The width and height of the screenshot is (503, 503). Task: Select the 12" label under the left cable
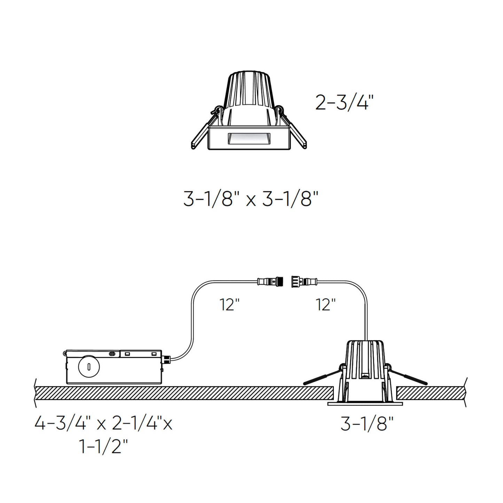(229, 305)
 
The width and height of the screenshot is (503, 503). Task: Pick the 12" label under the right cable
(325, 305)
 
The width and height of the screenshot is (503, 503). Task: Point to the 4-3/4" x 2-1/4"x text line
(103, 424)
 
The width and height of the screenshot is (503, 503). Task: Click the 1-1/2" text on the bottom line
(104, 447)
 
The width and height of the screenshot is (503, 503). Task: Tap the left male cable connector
(270, 281)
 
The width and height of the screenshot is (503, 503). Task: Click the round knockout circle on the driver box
(89, 366)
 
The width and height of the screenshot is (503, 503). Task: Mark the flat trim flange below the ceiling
(365, 404)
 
